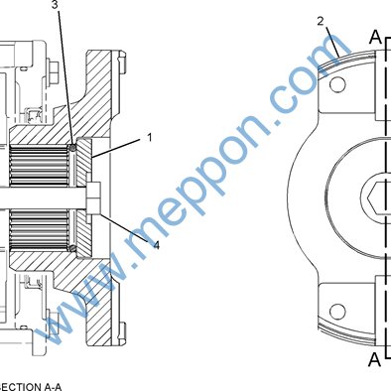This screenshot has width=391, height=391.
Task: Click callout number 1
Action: click(x=150, y=137)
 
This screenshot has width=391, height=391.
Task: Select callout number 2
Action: click(x=321, y=21)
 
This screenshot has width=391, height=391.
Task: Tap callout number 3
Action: click(x=56, y=5)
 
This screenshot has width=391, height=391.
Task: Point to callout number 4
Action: click(x=157, y=245)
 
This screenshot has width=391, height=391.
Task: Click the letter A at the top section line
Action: click(x=375, y=37)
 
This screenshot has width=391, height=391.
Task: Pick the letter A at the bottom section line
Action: click(x=375, y=359)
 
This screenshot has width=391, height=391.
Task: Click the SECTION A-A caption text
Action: click(x=31, y=387)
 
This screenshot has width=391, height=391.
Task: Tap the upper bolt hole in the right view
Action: click(x=337, y=84)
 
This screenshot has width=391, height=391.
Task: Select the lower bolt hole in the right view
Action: click(x=337, y=312)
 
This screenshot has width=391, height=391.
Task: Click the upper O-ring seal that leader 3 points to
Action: click(x=72, y=148)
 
